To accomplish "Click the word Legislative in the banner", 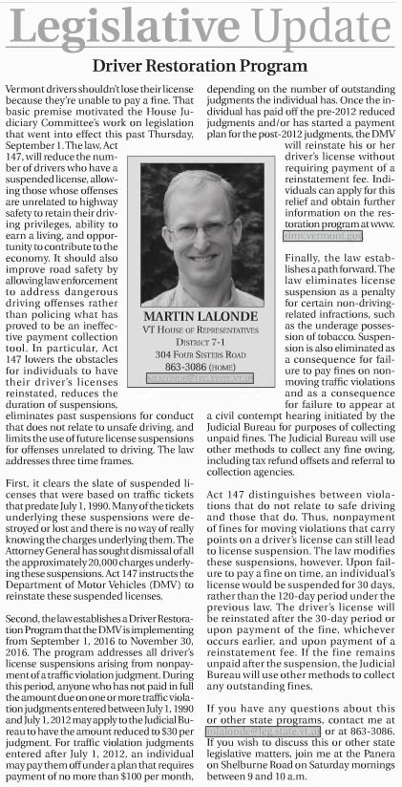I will pyautogui.click(x=125, y=26).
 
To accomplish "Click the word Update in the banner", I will pyautogui.click(x=301, y=26).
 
